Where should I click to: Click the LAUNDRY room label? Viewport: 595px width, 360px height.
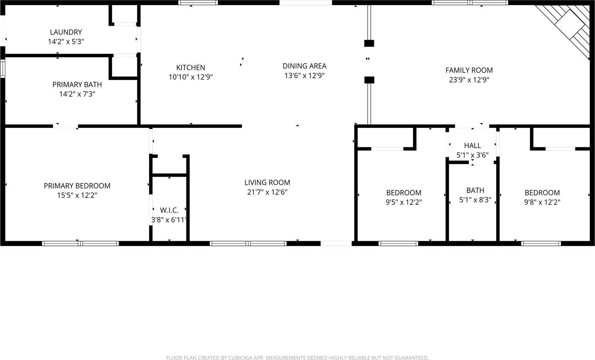tap(66, 32)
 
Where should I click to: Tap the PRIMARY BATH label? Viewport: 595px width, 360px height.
tap(77, 85)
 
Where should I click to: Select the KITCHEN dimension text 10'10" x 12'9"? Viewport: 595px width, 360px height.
tap(190, 77)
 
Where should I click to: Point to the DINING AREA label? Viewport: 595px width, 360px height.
tap(304, 66)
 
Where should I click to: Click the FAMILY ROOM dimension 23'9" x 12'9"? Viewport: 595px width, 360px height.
tap(469, 80)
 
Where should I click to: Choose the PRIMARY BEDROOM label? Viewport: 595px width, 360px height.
tap(77, 186)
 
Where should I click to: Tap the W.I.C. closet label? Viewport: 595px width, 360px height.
tap(169, 210)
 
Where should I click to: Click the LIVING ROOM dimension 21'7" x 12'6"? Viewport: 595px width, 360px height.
tap(267, 192)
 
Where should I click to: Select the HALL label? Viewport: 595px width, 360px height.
tap(472, 146)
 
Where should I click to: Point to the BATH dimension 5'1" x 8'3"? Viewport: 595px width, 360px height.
tap(475, 200)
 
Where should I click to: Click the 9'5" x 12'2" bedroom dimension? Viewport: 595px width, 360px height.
tap(403, 202)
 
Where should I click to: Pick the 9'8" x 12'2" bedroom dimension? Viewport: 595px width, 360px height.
tap(542, 202)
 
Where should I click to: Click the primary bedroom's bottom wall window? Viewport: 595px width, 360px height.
tap(80, 244)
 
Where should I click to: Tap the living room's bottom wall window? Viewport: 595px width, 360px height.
tap(248, 244)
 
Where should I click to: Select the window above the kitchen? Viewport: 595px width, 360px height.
tap(198, 3)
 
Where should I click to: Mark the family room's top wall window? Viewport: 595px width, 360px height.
tap(470, 3)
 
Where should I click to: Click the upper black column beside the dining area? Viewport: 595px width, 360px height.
tap(369, 44)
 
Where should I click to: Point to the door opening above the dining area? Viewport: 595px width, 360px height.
tap(305, 3)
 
